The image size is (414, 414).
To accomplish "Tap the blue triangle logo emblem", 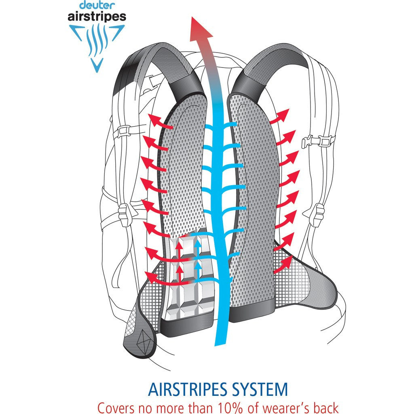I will click(x=96, y=44).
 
